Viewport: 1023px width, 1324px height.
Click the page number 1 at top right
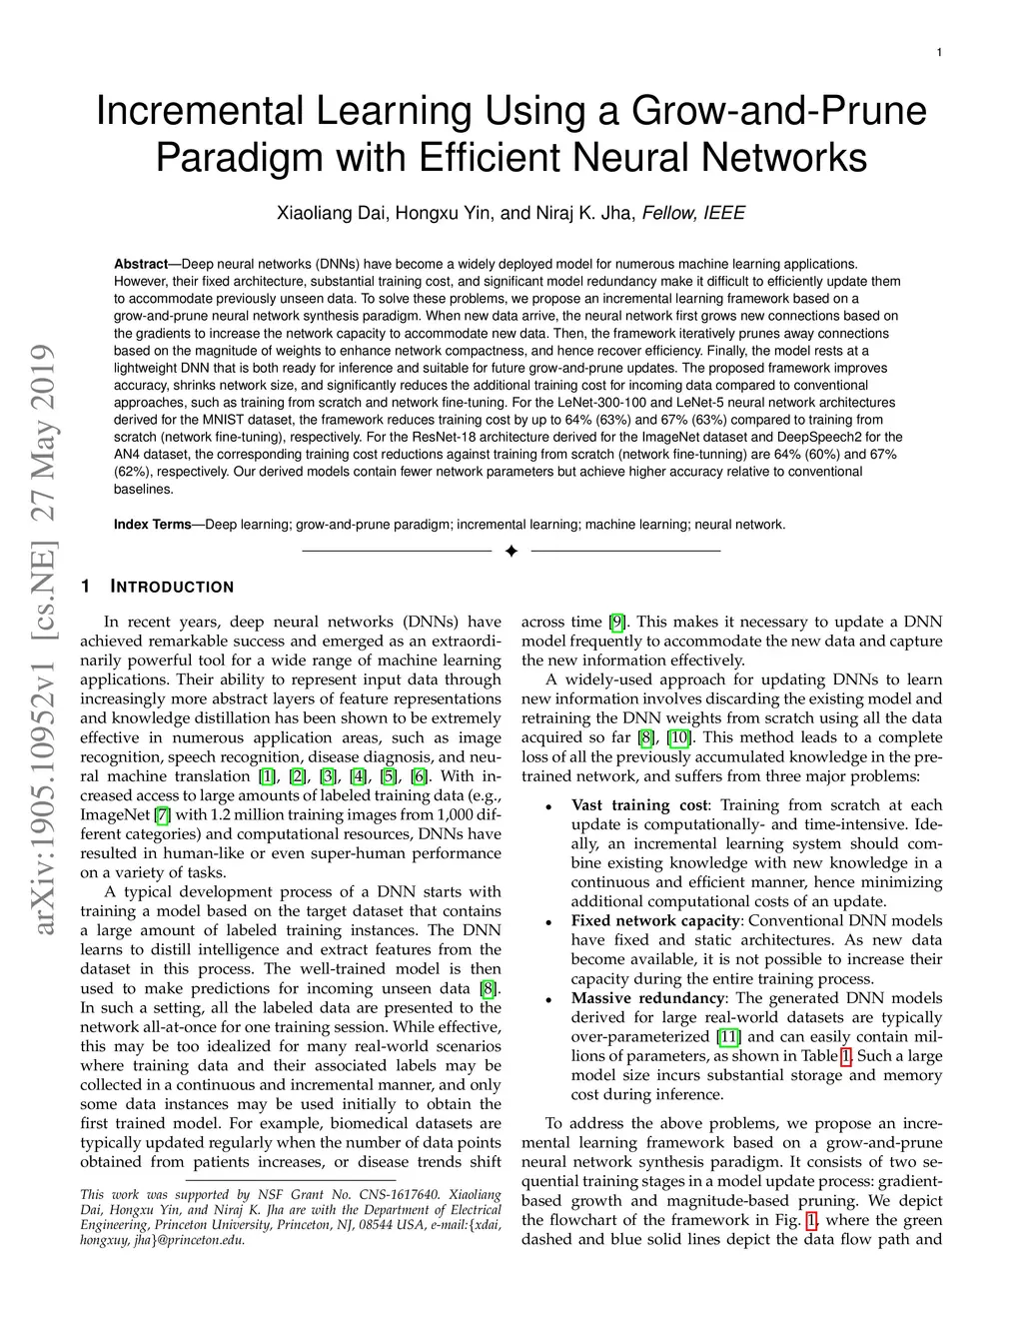940,52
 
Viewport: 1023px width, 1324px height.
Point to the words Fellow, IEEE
693,213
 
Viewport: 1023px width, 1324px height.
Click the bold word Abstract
140,264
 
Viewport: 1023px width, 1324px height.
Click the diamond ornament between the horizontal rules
511,552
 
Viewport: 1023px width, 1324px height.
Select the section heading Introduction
171,587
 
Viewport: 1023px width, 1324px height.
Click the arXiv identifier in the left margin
44,640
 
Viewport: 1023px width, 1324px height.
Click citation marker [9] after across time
617,622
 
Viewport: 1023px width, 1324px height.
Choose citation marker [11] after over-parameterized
728,1036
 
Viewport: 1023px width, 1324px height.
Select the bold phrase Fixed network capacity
654,920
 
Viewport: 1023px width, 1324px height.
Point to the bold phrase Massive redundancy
647,997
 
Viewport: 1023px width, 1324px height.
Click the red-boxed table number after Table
846,1055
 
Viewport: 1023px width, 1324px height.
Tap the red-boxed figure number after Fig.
811,1219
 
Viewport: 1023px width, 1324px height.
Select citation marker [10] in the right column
678,737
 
